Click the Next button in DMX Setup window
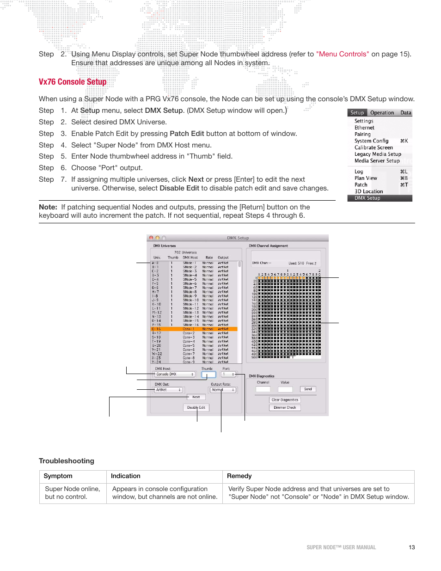pyautogui.click(x=196, y=397)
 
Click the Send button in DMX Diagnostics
pyautogui.click(x=307, y=389)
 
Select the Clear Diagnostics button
pyautogui.click(x=285, y=400)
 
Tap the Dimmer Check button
pyautogui.click(x=285, y=407)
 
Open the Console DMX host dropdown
pyautogui.click(x=175, y=374)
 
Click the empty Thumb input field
pyautogui.click(x=208, y=374)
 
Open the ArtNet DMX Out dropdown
pyautogui.click(x=169, y=390)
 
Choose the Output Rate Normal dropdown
pyautogui.click(x=223, y=390)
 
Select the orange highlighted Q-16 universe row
pyautogui.click(x=194, y=329)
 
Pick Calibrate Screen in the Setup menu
pyautogui.click(x=374, y=147)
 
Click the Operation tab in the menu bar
pyautogui.click(x=382, y=112)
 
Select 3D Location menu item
pyautogui.click(x=368, y=191)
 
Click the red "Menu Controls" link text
pyautogui.click(x=343, y=54)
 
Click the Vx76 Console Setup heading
pyautogui.click(x=73, y=82)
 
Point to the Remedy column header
pyautogui.click(x=239, y=476)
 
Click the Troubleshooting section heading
pyautogui.click(x=67, y=460)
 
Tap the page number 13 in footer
pyautogui.click(x=411, y=547)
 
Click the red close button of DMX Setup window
pyautogui.click(x=151, y=238)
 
